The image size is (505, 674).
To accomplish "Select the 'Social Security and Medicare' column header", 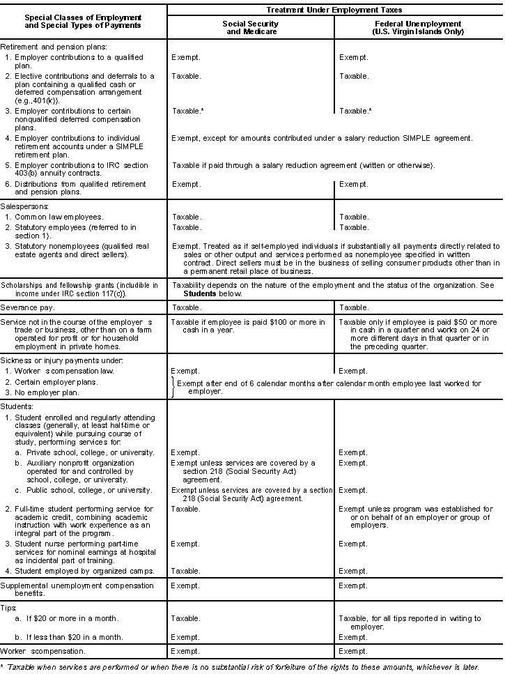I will pyautogui.click(x=250, y=27).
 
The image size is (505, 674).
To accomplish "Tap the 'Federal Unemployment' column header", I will pyautogui.click(x=417, y=27).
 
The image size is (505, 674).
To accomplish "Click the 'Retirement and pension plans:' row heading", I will pyautogui.click(x=43, y=47).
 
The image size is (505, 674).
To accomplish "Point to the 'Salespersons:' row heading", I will pyautogui.click(x=24, y=207).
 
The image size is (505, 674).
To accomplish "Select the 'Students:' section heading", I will pyautogui.click(x=17, y=406).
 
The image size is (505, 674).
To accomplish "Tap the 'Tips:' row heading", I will pyautogui.click(x=10, y=608).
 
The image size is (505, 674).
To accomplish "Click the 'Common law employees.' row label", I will pyautogui.click(x=59, y=217).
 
